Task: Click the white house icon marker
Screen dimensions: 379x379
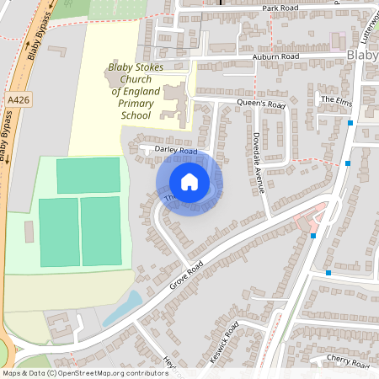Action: pyautogui.click(x=189, y=182)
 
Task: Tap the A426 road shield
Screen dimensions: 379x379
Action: pyautogui.click(x=14, y=99)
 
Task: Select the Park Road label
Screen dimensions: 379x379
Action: pyautogui.click(x=280, y=8)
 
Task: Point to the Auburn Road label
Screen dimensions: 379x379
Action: pyautogui.click(x=275, y=56)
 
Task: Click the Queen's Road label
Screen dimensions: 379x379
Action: pyautogui.click(x=264, y=105)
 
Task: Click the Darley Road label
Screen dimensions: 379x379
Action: pyautogui.click(x=175, y=151)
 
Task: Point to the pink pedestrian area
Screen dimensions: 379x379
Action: pyautogui.click(x=312, y=217)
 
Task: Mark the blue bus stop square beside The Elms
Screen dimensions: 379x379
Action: pyautogui.click(x=350, y=123)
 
